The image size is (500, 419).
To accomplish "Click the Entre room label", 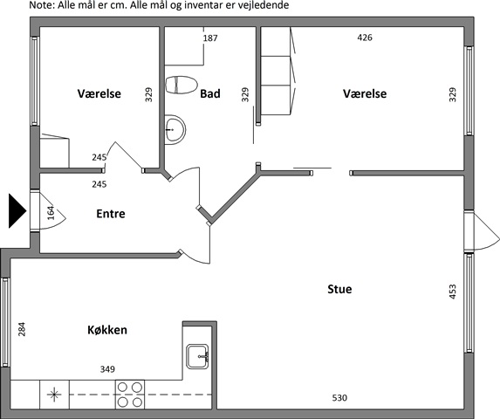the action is (111, 214).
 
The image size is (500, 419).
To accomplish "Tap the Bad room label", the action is (210, 93).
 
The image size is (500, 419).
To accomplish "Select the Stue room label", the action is (339, 289).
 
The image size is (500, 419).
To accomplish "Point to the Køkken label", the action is (107, 330).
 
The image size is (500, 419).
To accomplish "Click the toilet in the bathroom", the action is (182, 85).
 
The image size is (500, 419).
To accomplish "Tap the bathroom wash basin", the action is (175, 130).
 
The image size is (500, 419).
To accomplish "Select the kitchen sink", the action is (197, 356).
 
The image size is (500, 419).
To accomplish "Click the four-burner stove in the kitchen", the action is (130, 395).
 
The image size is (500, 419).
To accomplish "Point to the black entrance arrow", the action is (17, 210).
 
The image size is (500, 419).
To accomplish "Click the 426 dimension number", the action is (365, 38).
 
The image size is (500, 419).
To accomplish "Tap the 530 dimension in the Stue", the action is (339, 398).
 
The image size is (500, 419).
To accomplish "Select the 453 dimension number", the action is (453, 292).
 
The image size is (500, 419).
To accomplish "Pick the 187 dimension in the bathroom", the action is (210, 38).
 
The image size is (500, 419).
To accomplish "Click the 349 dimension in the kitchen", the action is (107, 369).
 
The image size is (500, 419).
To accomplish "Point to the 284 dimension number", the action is (21, 329).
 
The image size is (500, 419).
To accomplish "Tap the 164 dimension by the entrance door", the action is (51, 213).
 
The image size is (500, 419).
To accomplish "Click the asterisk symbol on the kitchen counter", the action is (54, 395).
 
